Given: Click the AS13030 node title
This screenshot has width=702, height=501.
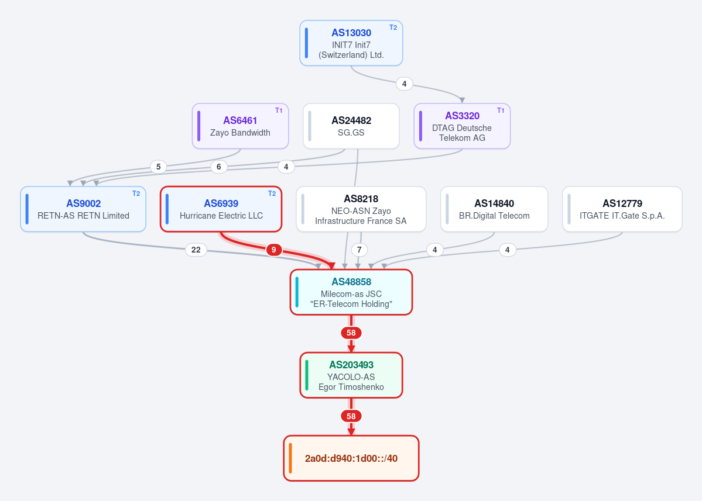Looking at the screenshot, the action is [351, 33].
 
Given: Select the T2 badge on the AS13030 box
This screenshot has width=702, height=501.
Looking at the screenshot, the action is [393, 27].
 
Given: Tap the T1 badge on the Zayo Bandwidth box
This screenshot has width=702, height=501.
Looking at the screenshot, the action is [279, 110].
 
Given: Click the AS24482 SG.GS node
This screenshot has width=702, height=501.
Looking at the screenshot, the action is [351, 126].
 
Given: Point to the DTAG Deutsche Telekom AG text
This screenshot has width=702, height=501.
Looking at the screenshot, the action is [462, 133].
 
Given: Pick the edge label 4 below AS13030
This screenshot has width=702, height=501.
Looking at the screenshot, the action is [404, 84].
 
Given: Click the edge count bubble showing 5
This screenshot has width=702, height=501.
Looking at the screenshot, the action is [159, 167].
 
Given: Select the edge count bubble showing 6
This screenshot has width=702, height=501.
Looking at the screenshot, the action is [218, 167].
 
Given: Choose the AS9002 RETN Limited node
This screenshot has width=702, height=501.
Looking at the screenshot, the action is [83, 209].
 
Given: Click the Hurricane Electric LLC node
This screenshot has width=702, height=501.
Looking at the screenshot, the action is [221, 209].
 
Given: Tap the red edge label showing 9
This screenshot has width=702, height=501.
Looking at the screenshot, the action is [274, 250].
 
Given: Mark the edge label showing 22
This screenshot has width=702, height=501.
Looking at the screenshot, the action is [196, 250].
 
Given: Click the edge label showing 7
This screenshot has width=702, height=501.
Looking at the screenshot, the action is [359, 250].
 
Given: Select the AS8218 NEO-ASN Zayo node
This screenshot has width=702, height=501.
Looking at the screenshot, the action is [361, 209].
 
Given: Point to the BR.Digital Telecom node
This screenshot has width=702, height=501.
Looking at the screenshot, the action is [494, 209].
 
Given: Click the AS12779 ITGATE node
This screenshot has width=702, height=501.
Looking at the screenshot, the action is [622, 209].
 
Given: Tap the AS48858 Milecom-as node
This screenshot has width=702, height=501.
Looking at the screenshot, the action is [351, 292].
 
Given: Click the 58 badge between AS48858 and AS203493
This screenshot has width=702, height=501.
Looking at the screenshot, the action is [351, 333].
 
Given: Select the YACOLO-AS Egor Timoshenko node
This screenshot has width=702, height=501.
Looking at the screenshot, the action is [351, 375].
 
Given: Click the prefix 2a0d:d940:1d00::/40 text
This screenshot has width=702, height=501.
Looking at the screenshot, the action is [351, 458].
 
